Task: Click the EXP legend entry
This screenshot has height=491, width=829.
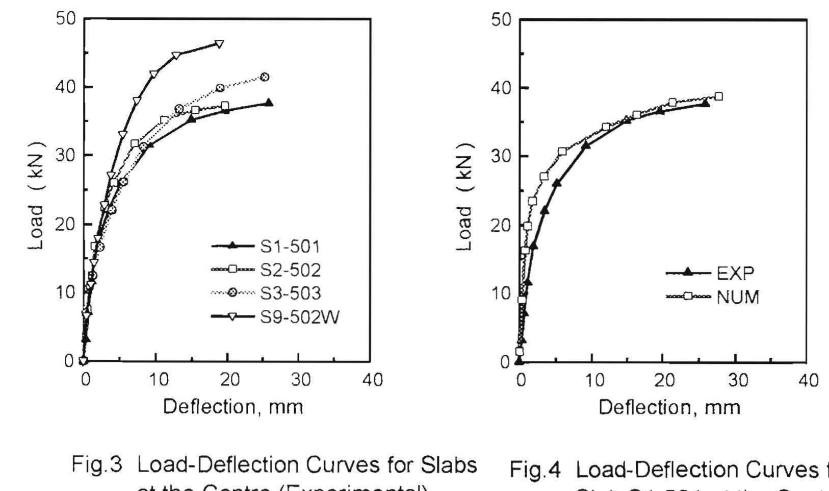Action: click(x=735, y=273)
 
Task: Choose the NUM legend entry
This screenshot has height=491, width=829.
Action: click(x=737, y=297)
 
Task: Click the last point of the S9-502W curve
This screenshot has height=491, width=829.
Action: click(x=219, y=44)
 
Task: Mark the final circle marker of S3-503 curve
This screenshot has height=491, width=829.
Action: click(x=264, y=77)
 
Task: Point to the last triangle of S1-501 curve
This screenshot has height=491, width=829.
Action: click(x=269, y=103)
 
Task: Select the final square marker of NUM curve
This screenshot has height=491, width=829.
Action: click(x=718, y=96)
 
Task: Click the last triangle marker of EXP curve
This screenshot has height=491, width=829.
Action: click(x=706, y=103)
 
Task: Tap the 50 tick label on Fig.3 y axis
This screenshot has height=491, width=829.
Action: click(x=65, y=19)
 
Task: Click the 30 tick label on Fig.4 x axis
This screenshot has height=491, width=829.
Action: click(x=736, y=381)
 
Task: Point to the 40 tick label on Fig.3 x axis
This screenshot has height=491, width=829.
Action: click(x=372, y=380)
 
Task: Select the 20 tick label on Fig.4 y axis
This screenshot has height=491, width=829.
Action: click(x=501, y=225)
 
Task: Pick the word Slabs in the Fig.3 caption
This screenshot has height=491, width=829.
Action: click(x=449, y=464)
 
